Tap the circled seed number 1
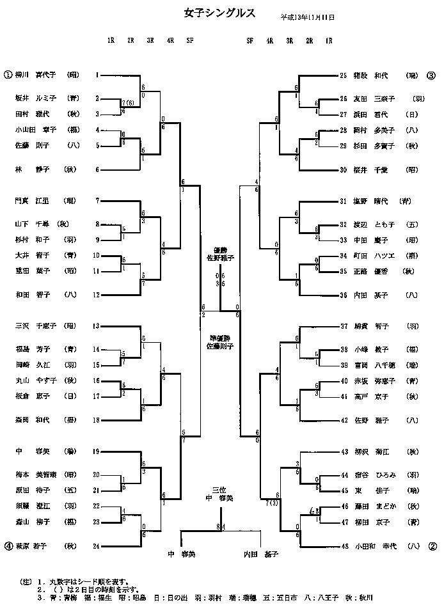(8, 75)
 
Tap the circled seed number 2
(432, 546)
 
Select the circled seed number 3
(431, 75)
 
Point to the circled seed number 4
(8, 546)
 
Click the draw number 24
(97, 546)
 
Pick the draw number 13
(97, 326)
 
